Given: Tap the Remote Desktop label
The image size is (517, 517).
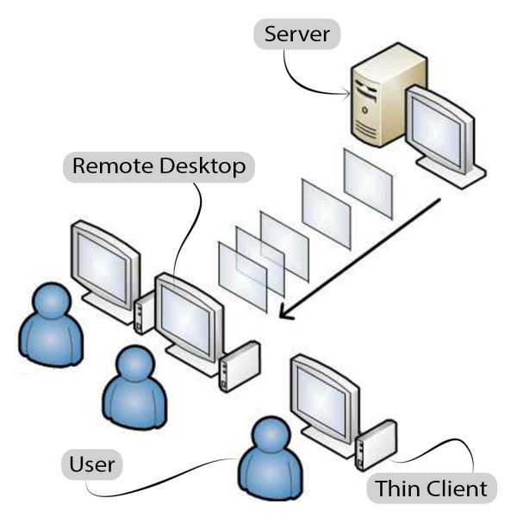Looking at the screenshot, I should click(x=159, y=165).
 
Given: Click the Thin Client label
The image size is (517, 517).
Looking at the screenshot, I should click(x=432, y=489).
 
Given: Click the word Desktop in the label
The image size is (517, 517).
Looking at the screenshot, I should click(x=202, y=165).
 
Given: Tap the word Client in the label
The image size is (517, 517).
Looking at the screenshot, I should click(x=458, y=489).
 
